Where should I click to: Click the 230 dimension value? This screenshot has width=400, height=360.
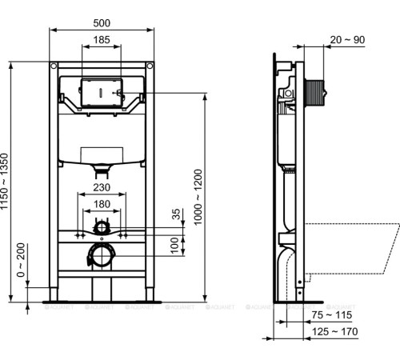click(102, 187)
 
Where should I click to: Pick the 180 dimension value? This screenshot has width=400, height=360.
click(102, 205)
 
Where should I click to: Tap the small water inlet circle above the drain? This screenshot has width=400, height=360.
click(101, 229)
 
